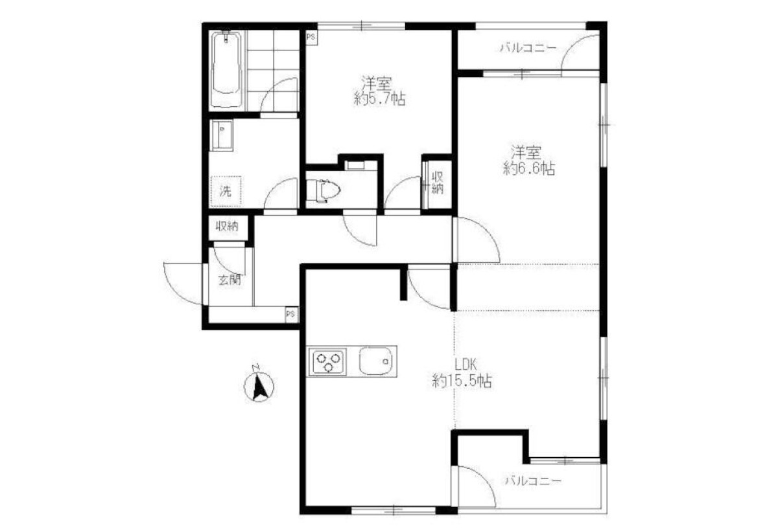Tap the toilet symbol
pos(323,190)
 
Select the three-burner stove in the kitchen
pos(328,362)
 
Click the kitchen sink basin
pos(375,361)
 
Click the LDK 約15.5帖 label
pos(462,373)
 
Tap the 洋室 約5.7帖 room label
pos(379,91)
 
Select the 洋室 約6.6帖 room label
pos(528,161)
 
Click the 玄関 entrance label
pos(230,280)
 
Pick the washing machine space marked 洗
pos(226,192)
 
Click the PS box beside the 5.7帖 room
pos(311,37)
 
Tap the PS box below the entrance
pos(291,314)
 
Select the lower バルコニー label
pos(533,481)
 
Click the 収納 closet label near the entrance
pos(227,227)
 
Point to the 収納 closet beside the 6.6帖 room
pos(437,183)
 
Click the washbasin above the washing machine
pos(222,135)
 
